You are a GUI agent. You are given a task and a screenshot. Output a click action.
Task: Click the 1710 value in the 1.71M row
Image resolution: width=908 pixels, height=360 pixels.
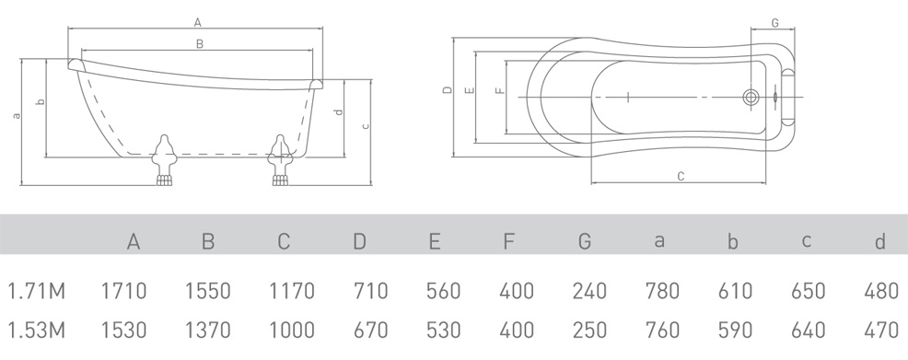(x=124, y=291)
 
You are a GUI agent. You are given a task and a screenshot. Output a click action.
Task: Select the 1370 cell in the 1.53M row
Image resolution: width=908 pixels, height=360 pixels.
(x=208, y=331)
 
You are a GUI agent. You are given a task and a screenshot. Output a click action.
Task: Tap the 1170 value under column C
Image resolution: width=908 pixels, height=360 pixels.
(x=292, y=291)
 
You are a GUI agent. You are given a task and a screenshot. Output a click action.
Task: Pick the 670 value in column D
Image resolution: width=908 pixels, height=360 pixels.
(x=370, y=331)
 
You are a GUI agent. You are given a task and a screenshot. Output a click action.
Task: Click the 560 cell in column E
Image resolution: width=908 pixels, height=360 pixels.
(x=444, y=291)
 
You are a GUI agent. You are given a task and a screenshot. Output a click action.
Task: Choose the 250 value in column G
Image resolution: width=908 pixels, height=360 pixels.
(x=589, y=331)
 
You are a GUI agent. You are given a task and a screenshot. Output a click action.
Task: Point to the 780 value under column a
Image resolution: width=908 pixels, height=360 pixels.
(x=662, y=291)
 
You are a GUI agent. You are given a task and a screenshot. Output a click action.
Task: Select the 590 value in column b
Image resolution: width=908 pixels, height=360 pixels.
(x=736, y=331)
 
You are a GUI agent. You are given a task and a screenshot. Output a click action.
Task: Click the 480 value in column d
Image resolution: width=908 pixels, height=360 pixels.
(x=881, y=291)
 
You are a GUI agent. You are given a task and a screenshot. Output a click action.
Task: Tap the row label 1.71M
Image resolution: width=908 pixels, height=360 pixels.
(x=36, y=291)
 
